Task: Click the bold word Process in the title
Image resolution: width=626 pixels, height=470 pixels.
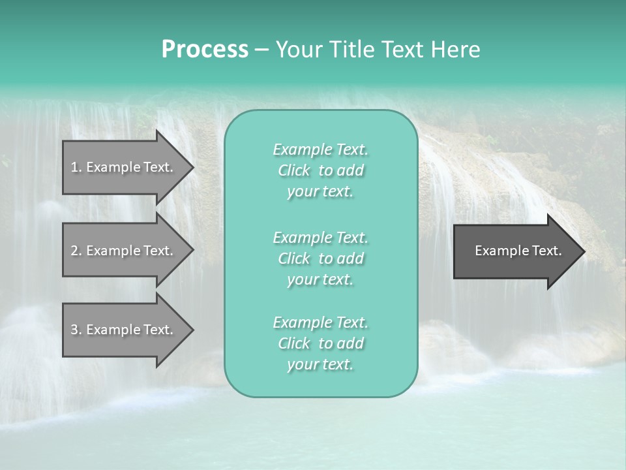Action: pyautogui.click(x=205, y=50)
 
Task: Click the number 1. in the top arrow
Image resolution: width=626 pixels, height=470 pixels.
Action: pyautogui.click(x=76, y=167)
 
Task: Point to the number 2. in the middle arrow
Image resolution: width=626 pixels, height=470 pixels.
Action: pyautogui.click(x=76, y=251)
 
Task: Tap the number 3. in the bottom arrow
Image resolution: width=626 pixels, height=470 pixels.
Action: pyautogui.click(x=76, y=330)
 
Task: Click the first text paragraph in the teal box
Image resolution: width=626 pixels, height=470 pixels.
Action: pyautogui.click(x=320, y=170)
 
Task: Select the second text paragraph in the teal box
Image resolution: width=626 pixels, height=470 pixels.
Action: pyautogui.click(x=320, y=258)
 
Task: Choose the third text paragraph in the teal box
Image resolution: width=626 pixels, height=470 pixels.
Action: pyautogui.click(x=320, y=343)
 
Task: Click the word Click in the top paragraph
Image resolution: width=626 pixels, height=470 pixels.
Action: pyautogui.click(x=294, y=170)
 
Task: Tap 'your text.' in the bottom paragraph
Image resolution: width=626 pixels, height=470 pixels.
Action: pyautogui.click(x=320, y=365)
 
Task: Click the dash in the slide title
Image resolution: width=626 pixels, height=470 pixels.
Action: pyautogui.click(x=262, y=50)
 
